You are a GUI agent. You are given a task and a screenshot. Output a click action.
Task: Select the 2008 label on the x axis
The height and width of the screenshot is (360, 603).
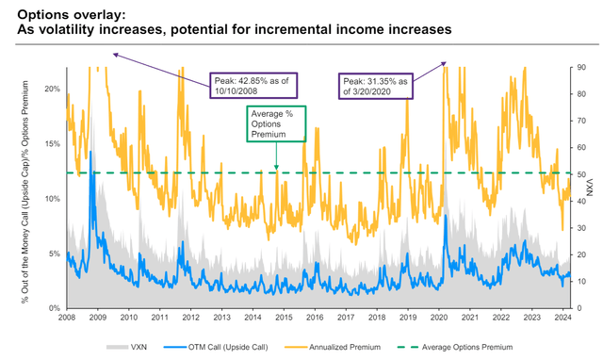coord(66,319)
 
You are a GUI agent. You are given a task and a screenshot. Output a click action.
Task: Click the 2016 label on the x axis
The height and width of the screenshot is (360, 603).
coord(315,319)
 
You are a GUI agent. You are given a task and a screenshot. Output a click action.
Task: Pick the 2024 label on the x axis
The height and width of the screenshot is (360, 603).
coord(562,319)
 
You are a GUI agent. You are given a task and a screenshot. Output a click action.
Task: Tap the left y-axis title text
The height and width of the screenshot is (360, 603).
coord(32,188)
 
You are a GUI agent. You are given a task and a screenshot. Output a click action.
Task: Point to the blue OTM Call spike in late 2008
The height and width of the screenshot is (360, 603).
coord(90,155)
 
